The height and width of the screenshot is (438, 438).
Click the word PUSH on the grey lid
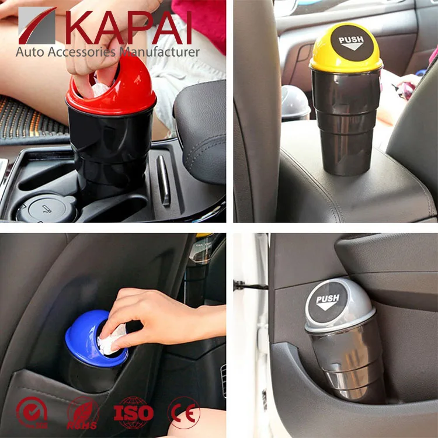(x=328, y=302)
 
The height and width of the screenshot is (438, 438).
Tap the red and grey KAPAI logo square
(x=37, y=26)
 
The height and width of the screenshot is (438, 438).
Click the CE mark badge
(x=184, y=413)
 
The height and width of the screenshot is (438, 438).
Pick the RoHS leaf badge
(x=83, y=413)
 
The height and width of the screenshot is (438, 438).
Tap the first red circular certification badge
(x=33, y=413)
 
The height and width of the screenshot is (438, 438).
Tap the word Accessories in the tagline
(x=82, y=52)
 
